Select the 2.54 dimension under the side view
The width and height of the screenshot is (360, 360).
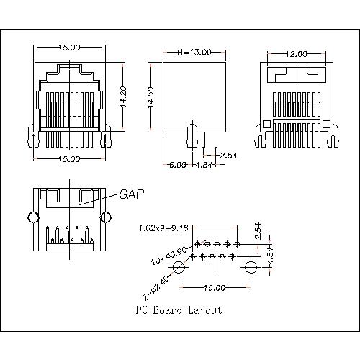228,155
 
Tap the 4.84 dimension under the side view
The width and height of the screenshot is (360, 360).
205,164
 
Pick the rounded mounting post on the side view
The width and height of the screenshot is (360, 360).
192,134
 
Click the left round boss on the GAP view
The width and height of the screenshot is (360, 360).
32,217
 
